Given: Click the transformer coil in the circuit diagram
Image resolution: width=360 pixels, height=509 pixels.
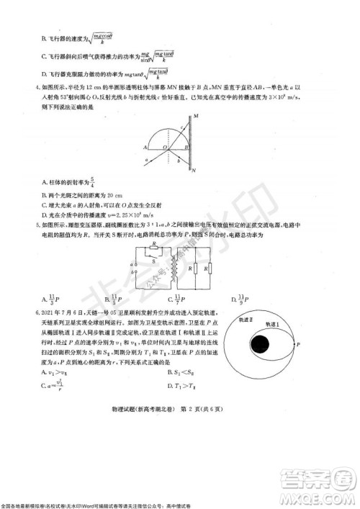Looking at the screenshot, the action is (174, 269).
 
